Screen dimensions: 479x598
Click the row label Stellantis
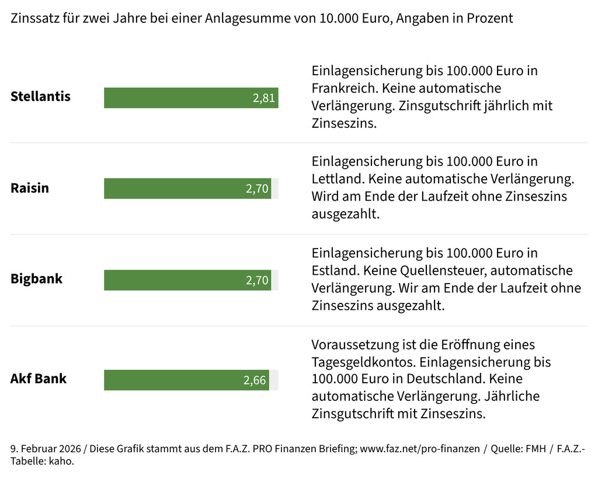click(x=40, y=96)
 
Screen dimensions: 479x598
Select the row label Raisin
click(x=30, y=188)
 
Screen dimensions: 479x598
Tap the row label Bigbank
click(x=36, y=279)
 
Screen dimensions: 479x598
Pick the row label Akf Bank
click(x=39, y=378)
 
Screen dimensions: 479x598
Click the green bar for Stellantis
click(x=175, y=97)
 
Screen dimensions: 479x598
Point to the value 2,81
click(x=264, y=98)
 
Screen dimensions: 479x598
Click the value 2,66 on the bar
click(x=255, y=381)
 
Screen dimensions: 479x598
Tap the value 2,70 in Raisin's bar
click(x=257, y=189)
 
